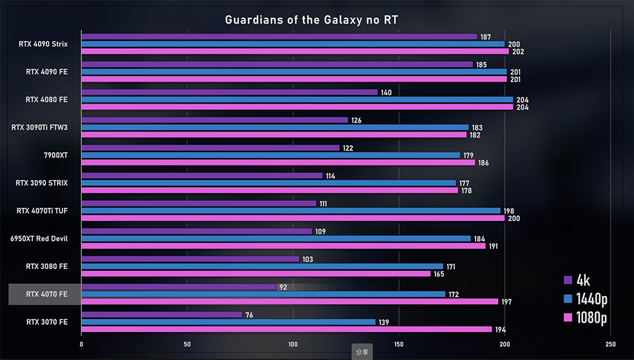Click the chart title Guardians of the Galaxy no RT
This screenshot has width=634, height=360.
point(311,20)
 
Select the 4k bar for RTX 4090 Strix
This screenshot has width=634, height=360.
point(279,37)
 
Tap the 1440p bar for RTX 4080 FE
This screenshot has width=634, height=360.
point(297,100)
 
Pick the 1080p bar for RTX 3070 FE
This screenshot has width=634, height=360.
point(287,330)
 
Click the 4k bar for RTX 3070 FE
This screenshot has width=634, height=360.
point(162,314)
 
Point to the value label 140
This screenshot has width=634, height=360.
point(386,93)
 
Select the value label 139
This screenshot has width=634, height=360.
point(384,322)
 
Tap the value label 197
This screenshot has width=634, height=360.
point(507,302)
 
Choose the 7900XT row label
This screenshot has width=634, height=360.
point(56,155)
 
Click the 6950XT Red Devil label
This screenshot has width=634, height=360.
point(39,238)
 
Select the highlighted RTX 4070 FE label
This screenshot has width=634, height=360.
point(46,294)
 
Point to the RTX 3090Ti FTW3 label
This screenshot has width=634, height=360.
point(39,127)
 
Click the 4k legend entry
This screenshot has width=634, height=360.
point(577,280)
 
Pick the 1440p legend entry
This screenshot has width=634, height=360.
point(585,299)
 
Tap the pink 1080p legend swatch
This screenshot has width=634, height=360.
point(569,318)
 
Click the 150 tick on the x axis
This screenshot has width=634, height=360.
point(399,345)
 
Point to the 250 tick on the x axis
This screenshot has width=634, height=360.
point(610,345)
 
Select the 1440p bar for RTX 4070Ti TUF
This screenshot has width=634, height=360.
point(291,210)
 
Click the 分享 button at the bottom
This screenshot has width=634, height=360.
point(362,352)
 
